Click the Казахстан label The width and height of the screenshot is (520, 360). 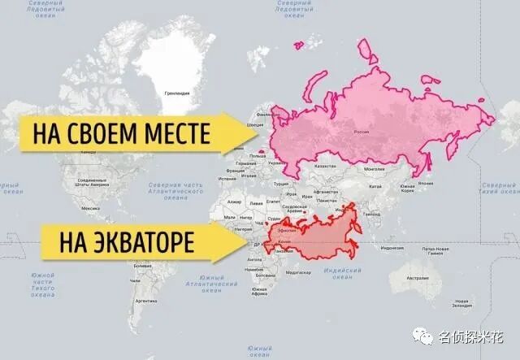[325, 166]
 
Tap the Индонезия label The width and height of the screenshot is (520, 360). [392, 247]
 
